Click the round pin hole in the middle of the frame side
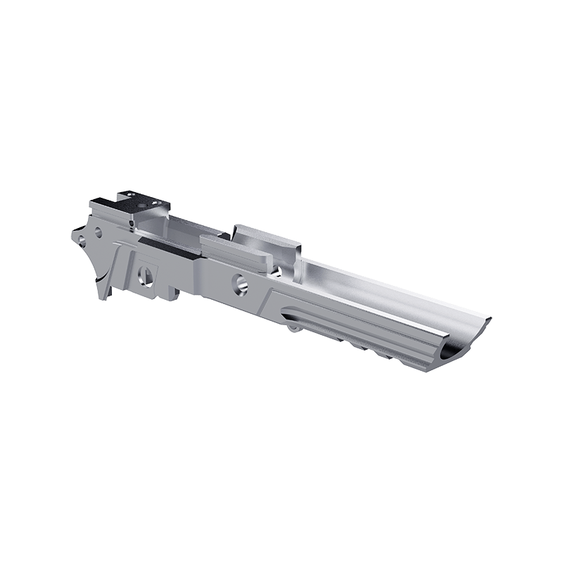pos(239,282)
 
